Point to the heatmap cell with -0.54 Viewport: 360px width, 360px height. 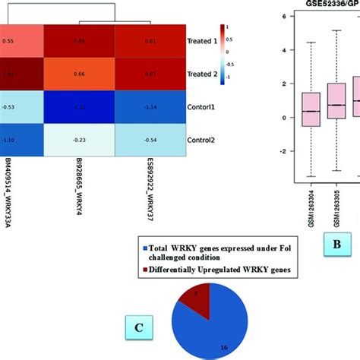[149, 140]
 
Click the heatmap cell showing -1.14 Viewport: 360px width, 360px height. [149, 107]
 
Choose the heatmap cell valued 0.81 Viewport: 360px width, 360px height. [149, 40]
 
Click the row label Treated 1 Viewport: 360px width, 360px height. [202, 41]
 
